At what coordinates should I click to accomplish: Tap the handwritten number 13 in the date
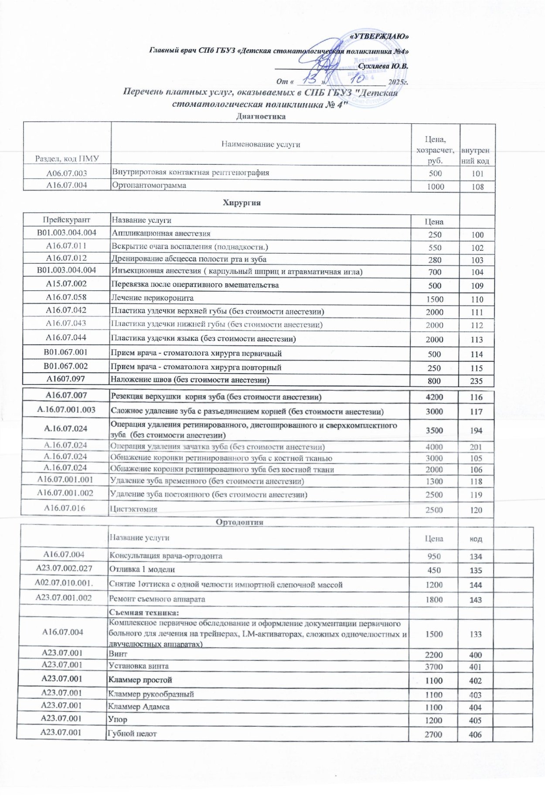coord(310,80)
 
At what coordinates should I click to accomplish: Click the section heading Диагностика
coord(261,116)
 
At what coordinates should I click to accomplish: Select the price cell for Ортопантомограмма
coord(435,187)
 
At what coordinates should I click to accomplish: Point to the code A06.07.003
coord(67,173)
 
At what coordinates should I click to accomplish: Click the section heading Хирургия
coord(242,203)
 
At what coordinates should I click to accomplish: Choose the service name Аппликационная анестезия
coord(161,234)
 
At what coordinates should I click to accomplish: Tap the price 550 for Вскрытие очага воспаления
coord(435,248)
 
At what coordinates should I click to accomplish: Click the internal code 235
coord(477,381)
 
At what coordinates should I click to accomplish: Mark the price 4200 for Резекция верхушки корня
coord(434,397)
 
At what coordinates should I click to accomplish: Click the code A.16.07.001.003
coord(66,410)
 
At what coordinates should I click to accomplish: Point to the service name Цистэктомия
coord(133,509)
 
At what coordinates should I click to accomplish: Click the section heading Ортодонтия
coord(240,522)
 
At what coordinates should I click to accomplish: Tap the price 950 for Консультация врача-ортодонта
coord(434,556)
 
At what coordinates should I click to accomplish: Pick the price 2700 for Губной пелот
coord(433,735)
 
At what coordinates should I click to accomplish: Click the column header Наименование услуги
coord(261,144)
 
